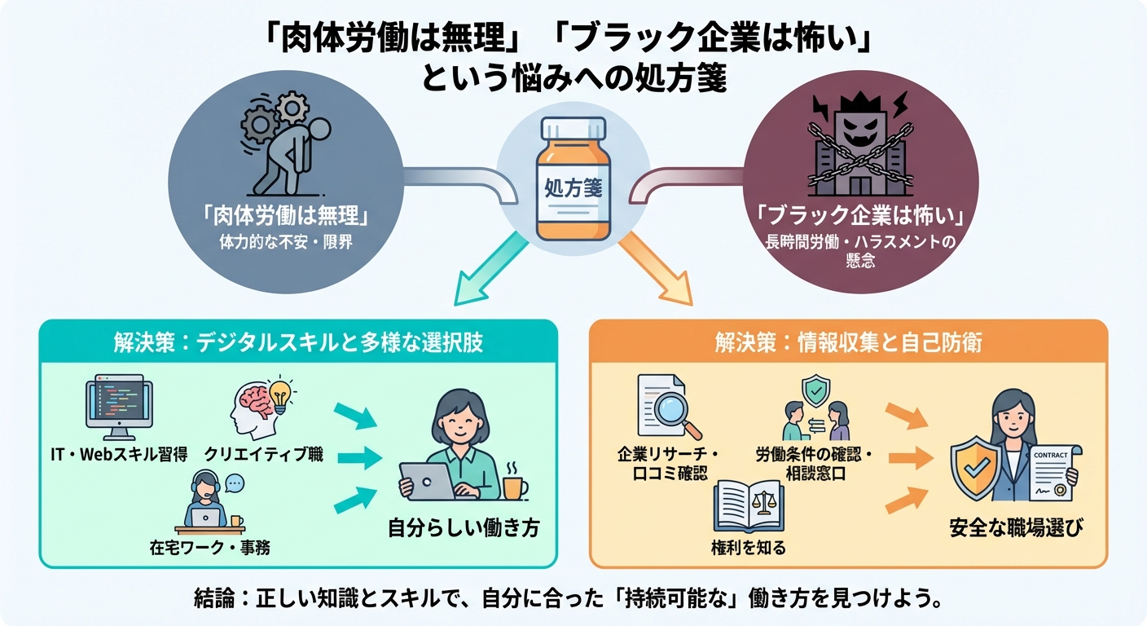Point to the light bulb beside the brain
pos(279,394)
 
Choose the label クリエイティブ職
pos(263,454)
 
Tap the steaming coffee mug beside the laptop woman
pos(513,483)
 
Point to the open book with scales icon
pos(749,505)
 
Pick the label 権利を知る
pos(749,547)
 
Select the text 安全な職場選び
pos(1017,528)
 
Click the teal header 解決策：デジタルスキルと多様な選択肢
pos(298,342)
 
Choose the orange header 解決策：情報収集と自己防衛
pos(848,342)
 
